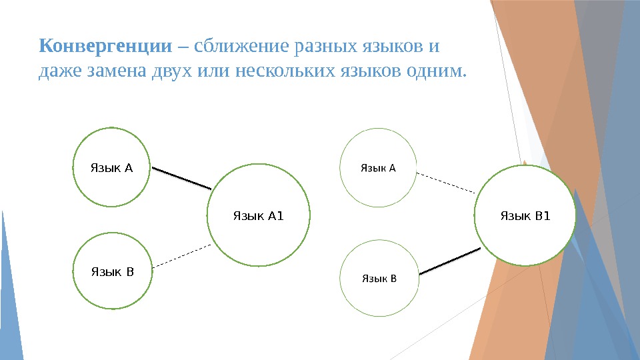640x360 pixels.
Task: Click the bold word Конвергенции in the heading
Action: (x=105, y=47)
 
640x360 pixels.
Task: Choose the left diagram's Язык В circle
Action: (x=112, y=271)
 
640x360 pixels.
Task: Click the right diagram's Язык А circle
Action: (x=379, y=168)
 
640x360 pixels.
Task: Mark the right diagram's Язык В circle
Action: (x=379, y=277)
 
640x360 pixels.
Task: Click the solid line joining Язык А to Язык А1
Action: (x=181, y=178)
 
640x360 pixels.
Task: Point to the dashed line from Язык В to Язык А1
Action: (x=181, y=257)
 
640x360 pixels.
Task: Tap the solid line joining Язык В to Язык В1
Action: (x=450, y=261)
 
